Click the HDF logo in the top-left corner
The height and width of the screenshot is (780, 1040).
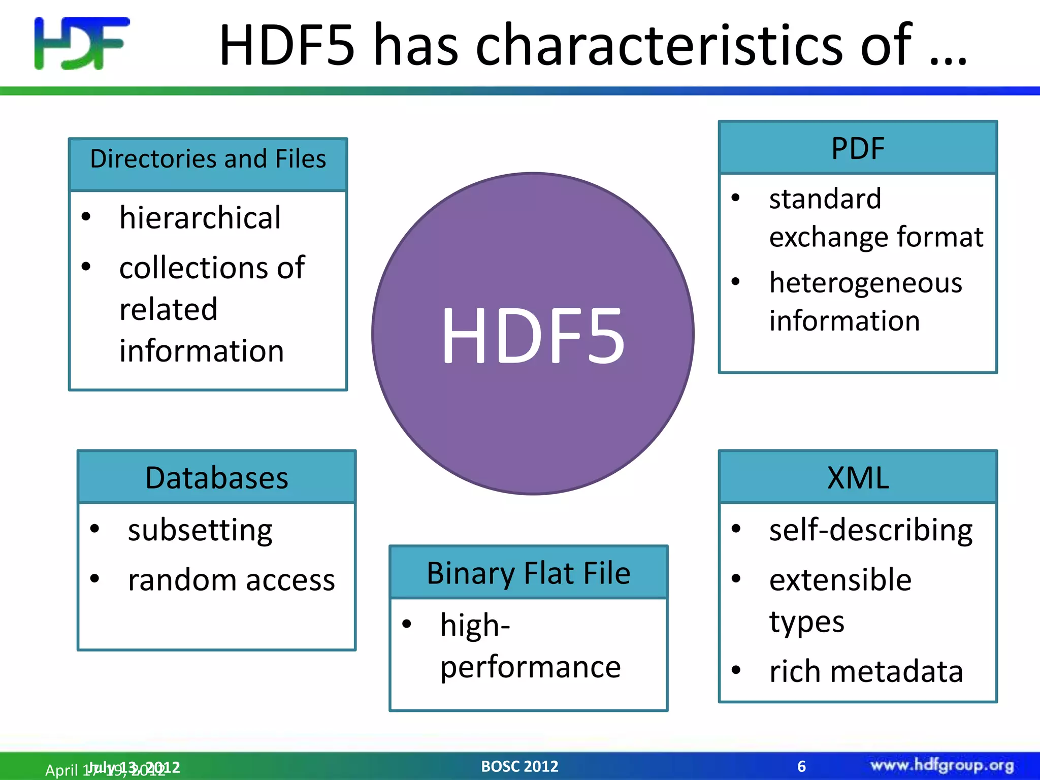click(x=82, y=44)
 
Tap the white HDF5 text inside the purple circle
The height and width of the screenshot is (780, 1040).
click(x=533, y=336)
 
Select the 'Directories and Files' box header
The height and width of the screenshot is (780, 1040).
click(x=208, y=159)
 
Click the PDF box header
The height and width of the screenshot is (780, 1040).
click(x=858, y=148)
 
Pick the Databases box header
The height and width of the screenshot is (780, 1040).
click(x=217, y=478)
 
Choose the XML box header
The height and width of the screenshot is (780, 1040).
click(x=858, y=478)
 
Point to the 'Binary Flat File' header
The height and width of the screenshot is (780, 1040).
click(x=528, y=573)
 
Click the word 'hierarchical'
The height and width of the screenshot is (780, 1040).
click(x=200, y=218)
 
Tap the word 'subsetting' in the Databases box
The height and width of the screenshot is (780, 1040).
click(x=200, y=531)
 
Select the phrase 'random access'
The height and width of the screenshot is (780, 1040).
click(x=232, y=580)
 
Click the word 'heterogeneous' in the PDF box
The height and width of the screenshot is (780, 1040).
click(x=865, y=283)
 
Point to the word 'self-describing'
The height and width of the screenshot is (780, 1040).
click(x=870, y=531)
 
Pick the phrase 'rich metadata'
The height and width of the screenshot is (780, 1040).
click(x=866, y=671)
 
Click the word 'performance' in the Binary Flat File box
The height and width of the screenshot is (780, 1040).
click(x=531, y=667)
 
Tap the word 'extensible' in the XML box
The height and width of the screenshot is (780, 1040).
click(x=840, y=580)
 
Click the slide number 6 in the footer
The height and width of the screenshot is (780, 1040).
click(x=801, y=766)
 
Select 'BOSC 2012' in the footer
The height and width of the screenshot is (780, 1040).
click(x=519, y=766)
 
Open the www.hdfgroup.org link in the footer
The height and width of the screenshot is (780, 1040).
click(x=942, y=765)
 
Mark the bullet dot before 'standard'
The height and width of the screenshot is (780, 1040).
click(x=735, y=198)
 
